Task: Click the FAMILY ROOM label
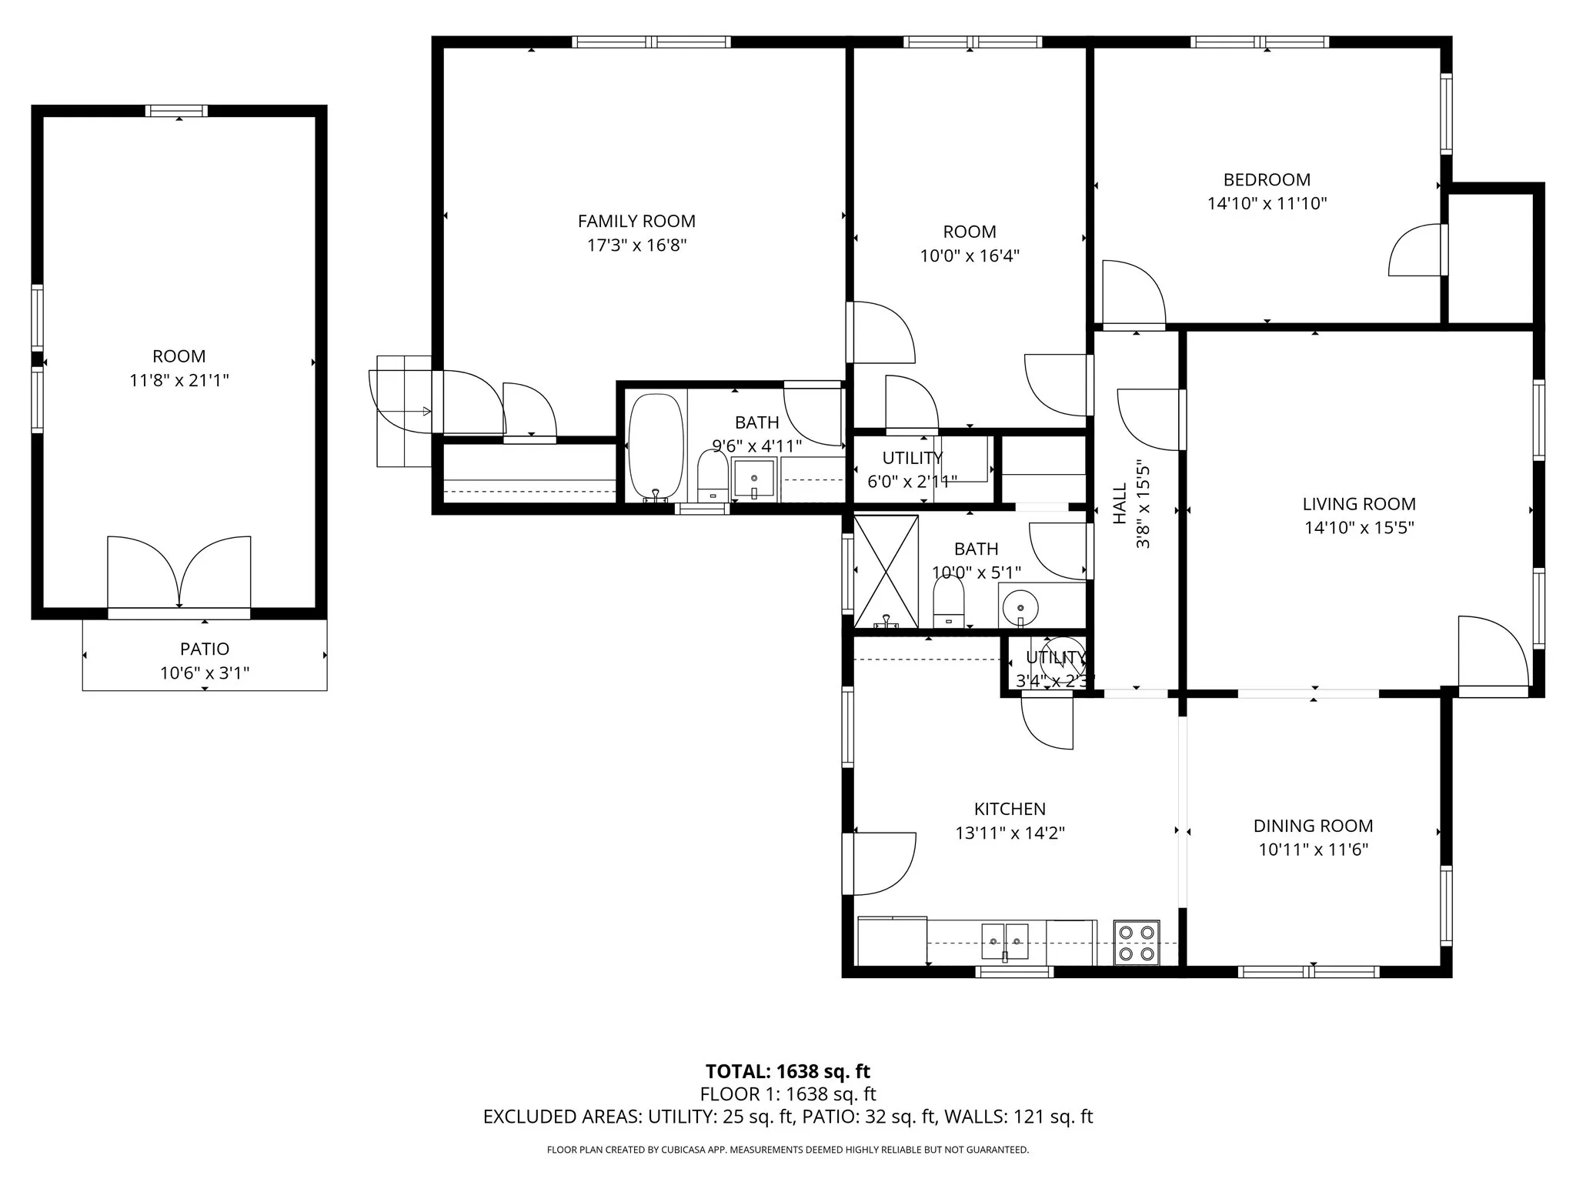(x=636, y=222)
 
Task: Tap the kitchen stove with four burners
(x=1137, y=943)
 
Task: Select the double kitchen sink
(x=1004, y=942)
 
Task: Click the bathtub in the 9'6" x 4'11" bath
(x=656, y=446)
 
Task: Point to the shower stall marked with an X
(x=886, y=571)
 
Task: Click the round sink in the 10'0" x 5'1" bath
(x=1020, y=607)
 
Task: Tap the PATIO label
(x=205, y=649)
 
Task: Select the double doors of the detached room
(x=179, y=573)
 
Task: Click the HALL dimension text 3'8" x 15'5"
(x=1144, y=505)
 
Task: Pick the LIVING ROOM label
(x=1358, y=504)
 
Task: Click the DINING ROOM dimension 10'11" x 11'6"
(x=1313, y=850)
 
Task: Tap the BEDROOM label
(x=1267, y=180)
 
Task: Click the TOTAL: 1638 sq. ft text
(x=787, y=1071)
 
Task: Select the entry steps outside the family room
(x=403, y=411)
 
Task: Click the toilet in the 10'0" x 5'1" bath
(x=948, y=603)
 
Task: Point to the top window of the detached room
(x=177, y=111)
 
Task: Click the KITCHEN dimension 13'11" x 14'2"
(x=1010, y=833)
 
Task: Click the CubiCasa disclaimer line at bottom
(x=787, y=1150)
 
